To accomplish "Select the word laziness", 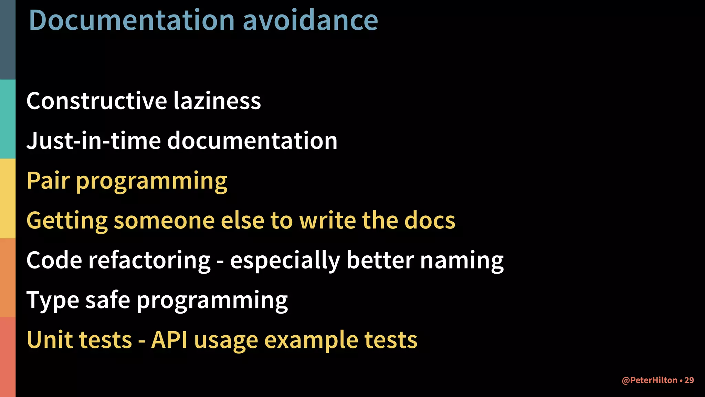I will point(217,101).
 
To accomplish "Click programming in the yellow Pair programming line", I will point(151,182).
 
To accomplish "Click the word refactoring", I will point(149,260).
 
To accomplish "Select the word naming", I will point(462,261).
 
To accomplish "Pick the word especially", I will point(285,261).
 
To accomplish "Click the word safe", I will point(108,300).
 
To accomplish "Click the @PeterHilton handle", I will point(650,380).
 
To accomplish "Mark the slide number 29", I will point(689,380).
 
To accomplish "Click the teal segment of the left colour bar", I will point(8,119).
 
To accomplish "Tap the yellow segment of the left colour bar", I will point(8,198).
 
